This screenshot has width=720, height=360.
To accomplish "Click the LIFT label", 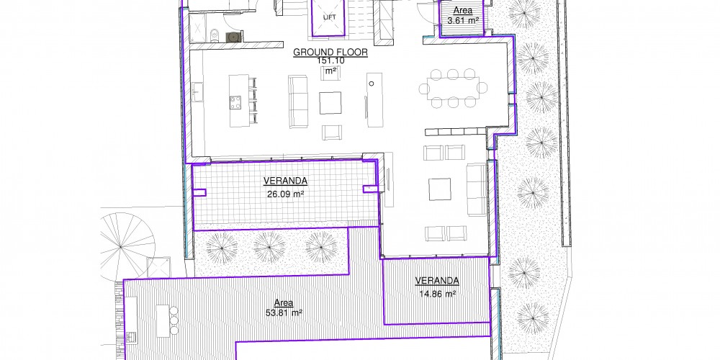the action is [329, 17].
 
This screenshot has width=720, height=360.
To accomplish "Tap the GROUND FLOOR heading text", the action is [330, 53].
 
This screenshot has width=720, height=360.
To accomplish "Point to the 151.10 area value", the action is [330, 60].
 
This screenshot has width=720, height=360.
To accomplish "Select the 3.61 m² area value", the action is [463, 20].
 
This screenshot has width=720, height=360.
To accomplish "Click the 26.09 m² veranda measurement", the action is [286, 194].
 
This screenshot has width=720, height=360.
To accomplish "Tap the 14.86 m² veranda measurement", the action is [437, 294].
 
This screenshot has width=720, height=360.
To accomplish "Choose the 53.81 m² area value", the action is [284, 312].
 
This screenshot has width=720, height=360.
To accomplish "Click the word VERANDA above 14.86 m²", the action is [437, 281].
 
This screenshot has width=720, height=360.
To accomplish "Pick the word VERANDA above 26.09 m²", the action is [285, 181].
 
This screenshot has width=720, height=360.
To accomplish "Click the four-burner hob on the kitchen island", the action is [235, 102].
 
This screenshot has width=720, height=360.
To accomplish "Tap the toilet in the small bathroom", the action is [215, 35].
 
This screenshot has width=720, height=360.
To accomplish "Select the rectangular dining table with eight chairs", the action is [453, 89].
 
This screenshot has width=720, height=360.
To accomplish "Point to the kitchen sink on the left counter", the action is [197, 91].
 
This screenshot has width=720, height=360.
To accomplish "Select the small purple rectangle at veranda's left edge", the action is [199, 192].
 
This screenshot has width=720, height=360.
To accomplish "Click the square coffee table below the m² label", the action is [330, 103].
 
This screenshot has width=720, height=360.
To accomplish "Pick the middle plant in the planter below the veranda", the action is [269, 248].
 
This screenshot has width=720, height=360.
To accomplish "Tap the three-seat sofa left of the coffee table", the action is [298, 102].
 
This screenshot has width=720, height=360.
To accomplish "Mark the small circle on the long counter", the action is [372, 84].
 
